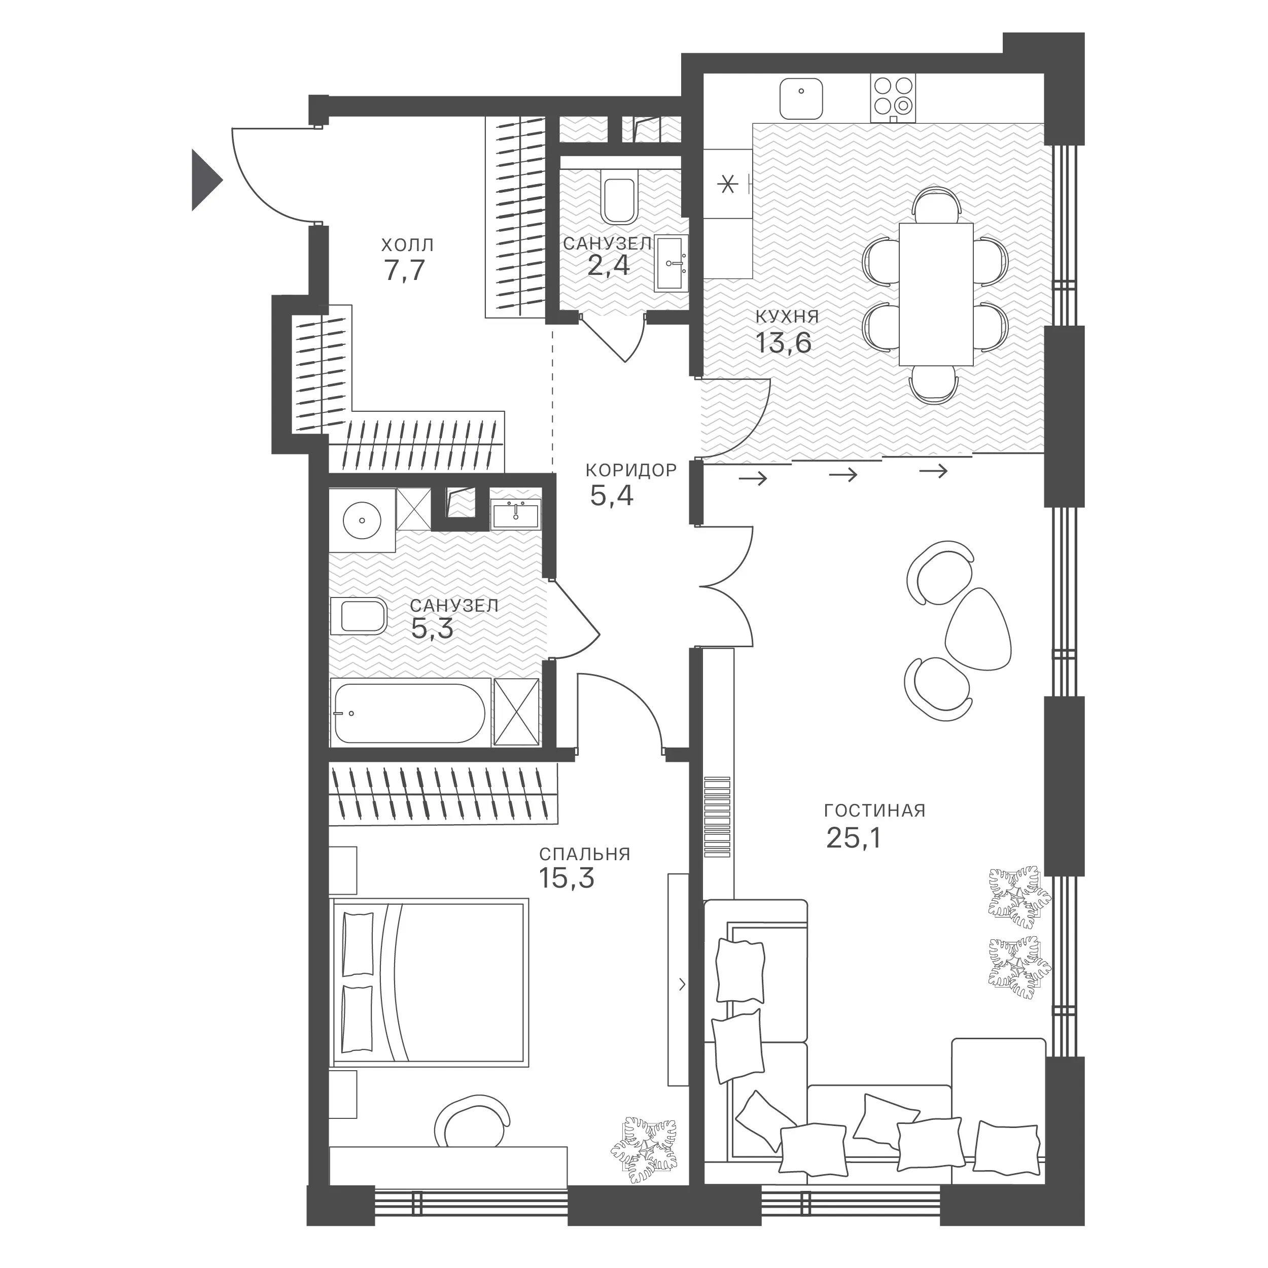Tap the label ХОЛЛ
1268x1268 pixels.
(x=408, y=245)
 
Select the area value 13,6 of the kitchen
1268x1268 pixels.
(x=784, y=342)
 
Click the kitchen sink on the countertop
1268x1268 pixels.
(x=801, y=98)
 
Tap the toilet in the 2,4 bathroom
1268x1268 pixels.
(x=618, y=195)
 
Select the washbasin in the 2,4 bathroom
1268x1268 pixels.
(x=672, y=264)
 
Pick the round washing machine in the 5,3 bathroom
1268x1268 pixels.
(x=362, y=520)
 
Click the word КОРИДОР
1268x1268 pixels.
(x=631, y=470)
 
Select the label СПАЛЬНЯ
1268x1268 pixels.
(x=585, y=854)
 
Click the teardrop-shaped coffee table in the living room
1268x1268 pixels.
(x=977, y=628)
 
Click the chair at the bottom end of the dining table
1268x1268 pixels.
(x=933, y=384)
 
